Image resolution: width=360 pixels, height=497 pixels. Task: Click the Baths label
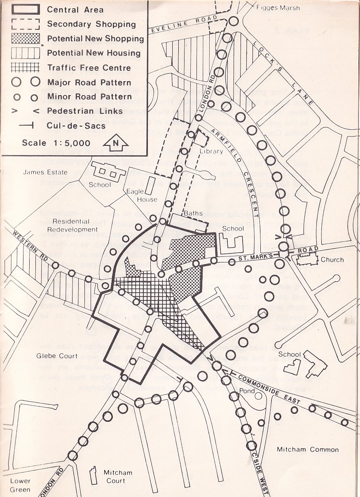[193, 214]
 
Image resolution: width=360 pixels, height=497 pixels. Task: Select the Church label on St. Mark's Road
[332, 260]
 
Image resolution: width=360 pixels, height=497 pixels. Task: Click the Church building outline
[306, 259]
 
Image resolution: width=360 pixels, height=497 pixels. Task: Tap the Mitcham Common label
[307, 450]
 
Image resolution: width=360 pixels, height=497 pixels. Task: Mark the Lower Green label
[20, 485]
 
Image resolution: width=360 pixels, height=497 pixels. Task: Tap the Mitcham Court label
[118, 476]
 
